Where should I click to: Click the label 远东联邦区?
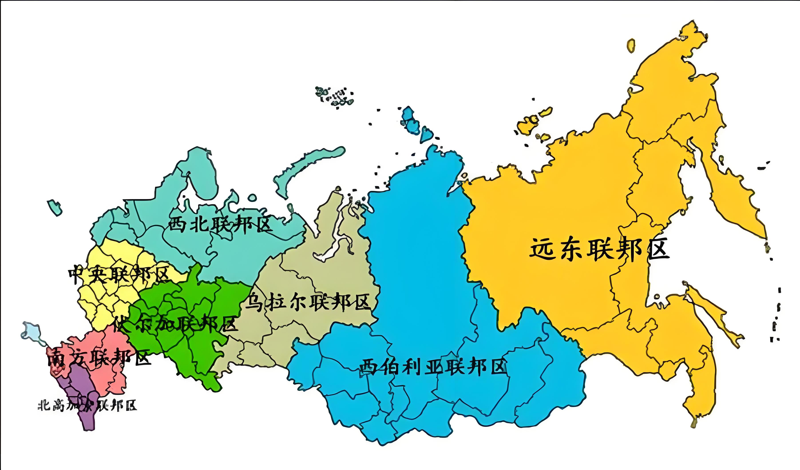(x=599, y=250)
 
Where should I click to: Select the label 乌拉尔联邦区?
(x=308, y=303)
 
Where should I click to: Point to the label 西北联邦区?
(x=220, y=225)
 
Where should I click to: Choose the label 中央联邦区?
(x=118, y=275)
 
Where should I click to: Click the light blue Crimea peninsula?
(x=32, y=331)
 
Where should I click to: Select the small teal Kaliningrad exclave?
(x=55, y=208)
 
